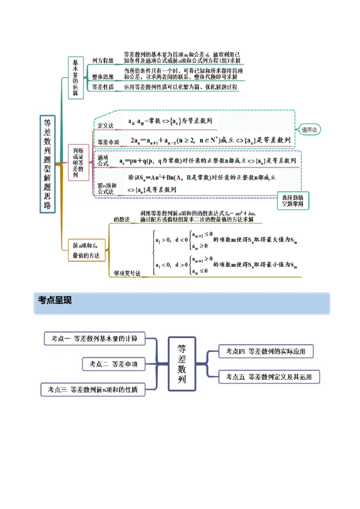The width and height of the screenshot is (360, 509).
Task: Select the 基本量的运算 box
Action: [76, 78]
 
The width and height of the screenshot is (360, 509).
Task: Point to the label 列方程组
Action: [103, 61]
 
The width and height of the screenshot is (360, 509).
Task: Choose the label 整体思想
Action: [103, 77]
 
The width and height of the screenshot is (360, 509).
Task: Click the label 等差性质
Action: [103, 87]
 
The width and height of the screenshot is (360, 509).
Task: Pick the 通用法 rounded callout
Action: [309, 129]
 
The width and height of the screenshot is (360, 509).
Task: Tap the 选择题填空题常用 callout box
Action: [293, 201]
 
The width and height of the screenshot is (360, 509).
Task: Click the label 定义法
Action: [106, 125]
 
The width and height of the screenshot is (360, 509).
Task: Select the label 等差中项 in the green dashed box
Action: [108, 142]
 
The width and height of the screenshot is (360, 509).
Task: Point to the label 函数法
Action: [121, 219]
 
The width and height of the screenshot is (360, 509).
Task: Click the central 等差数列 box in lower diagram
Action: [182, 363]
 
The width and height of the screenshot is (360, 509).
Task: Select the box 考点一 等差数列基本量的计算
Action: [94, 339]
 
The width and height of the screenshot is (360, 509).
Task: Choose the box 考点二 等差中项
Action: [113, 364]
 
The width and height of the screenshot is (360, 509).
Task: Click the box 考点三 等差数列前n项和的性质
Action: [93, 390]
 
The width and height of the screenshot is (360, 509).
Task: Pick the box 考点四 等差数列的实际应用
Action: [265, 351]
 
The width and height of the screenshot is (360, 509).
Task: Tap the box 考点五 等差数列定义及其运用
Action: [269, 377]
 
